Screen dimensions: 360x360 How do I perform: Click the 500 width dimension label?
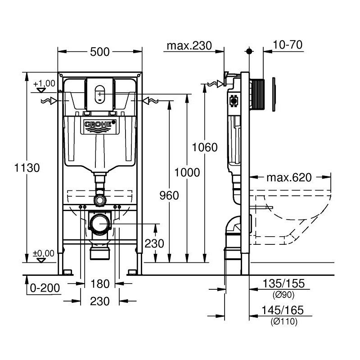(x=99, y=52)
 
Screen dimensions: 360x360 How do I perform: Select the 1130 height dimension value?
(x=27, y=168)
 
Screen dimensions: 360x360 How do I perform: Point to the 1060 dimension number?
(x=205, y=148)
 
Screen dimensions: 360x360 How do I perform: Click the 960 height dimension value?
(x=169, y=195)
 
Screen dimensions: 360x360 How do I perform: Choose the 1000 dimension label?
(x=187, y=172)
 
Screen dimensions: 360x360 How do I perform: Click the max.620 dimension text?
(x=289, y=177)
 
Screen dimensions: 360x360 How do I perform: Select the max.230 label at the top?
(x=189, y=46)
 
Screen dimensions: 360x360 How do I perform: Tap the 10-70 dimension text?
(x=288, y=45)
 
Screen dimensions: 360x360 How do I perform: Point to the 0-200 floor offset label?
(x=45, y=288)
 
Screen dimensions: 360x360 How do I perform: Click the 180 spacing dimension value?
(x=100, y=284)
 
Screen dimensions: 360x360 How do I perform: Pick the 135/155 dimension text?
(x=283, y=283)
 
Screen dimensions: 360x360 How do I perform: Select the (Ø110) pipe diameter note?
(x=284, y=321)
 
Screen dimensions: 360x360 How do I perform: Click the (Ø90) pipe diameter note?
(x=283, y=295)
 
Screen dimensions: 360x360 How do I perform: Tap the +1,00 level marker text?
(x=44, y=84)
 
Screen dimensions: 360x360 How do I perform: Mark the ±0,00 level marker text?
(x=44, y=253)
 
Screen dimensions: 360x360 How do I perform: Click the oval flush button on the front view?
(x=99, y=94)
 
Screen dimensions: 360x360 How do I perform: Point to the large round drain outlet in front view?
(x=100, y=224)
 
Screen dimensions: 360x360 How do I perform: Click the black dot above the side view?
(x=249, y=51)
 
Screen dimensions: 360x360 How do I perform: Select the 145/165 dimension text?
(x=283, y=310)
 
